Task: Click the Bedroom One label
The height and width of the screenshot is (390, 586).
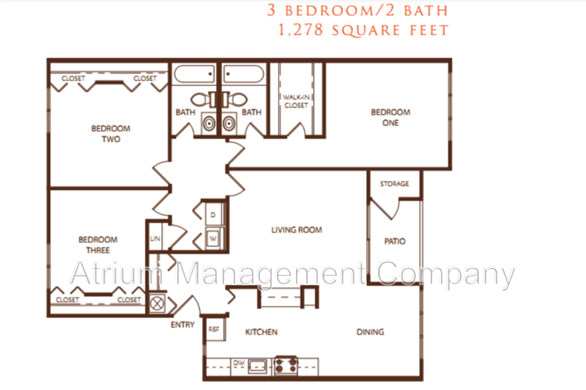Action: tap(390, 117)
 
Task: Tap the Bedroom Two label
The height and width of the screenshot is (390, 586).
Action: tap(111, 134)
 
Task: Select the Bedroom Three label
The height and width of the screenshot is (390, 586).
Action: tap(98, 245)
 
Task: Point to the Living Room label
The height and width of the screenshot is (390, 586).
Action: tap(297, 230)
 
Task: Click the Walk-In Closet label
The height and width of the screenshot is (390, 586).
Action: tap(297, 101)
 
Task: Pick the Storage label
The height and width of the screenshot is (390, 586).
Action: tap(394, 184)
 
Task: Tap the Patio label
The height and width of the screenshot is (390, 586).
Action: tap(395, 242)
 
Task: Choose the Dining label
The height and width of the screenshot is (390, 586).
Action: tap(371, 332)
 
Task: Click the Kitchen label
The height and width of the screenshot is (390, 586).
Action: tap(262, 332)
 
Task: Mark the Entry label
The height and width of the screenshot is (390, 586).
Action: tap(182, 325)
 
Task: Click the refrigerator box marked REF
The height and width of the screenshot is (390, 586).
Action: tap(215, 329)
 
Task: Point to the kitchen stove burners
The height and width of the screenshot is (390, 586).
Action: tap(286, 366)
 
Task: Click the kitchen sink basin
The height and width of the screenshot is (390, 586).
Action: tap(258, 365)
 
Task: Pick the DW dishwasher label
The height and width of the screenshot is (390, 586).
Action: tap(239, 362)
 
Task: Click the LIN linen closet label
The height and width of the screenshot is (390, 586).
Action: tap(155, 238)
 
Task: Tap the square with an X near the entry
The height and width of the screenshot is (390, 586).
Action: tap(157, 303)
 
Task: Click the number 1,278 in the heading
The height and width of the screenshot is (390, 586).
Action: tap(300, 30)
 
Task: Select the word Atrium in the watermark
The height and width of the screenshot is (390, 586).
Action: tap(116, 273)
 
